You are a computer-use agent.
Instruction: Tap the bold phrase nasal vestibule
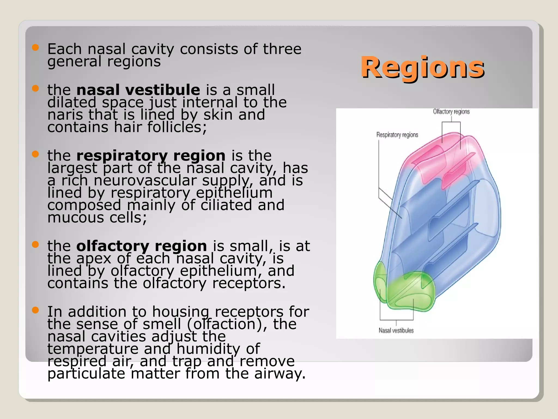click(x=138, y=90)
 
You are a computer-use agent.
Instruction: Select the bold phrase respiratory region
click(x=151, y=155)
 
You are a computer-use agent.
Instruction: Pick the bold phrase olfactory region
click(x=141, y=246)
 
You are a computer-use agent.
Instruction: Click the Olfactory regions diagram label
click(x=451, y=112)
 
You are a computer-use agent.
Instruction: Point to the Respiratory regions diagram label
click(x=397, y=135)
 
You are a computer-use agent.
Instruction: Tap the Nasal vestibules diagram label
click(x=396, y=330)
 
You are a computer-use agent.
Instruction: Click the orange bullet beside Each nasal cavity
click(x=35, y=48)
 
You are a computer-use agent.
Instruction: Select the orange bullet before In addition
click(x=35, y=310)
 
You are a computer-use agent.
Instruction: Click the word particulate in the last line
click(x=86, y=374)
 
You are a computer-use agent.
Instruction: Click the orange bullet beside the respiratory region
click(x=35, y=154)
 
